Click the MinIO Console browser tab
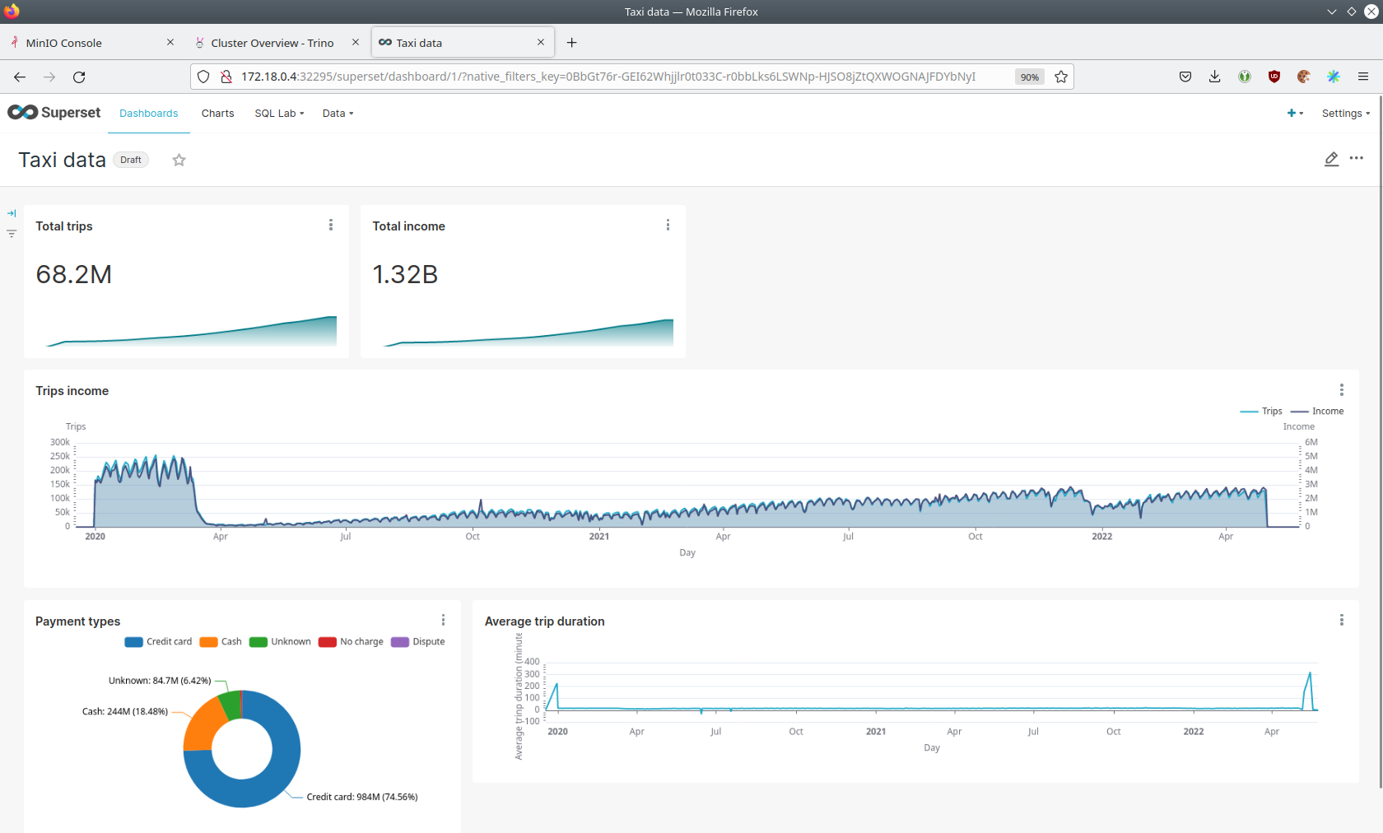[64, 43]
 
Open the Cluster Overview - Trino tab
[272, 43]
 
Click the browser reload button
[79, 77]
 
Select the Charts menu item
[217, 114]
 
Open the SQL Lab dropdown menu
[279, 114]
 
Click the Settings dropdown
[1345, 114]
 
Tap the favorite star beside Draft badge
[179, 160]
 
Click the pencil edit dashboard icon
[1331, 159]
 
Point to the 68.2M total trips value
[74, 275]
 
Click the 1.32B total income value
[405, 275]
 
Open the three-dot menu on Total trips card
[331, 226]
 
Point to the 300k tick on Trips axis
[60, 443]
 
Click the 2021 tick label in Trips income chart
[599, 537]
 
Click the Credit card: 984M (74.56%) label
[362, 797]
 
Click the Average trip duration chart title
[545, 621]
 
